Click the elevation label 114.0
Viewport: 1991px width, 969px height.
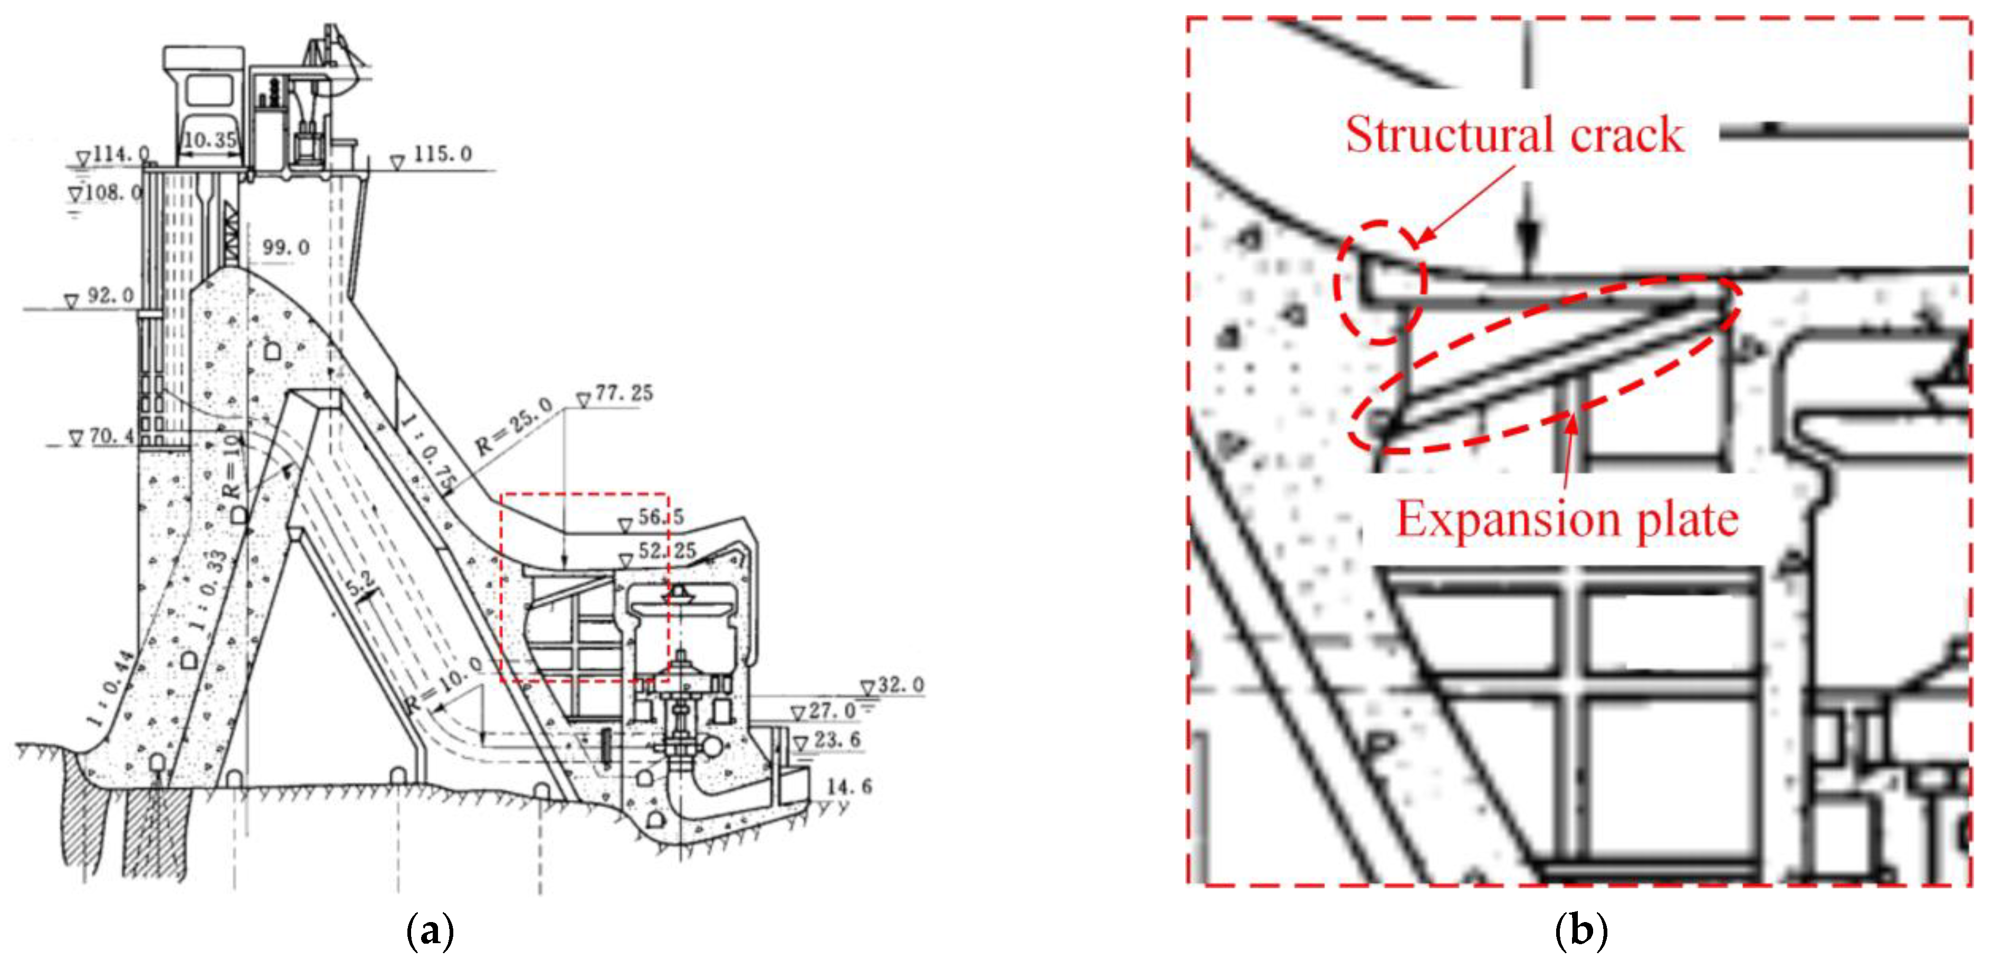coord(120,155)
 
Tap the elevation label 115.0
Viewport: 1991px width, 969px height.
coord(442,154)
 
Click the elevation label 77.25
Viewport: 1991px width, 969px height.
coord(623,394)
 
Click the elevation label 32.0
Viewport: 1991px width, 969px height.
coord(900,685)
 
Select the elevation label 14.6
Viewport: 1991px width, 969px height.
coord(849,786)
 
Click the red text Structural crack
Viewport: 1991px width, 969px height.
coord(1515,135)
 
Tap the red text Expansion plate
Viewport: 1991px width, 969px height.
coord(1567,519)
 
